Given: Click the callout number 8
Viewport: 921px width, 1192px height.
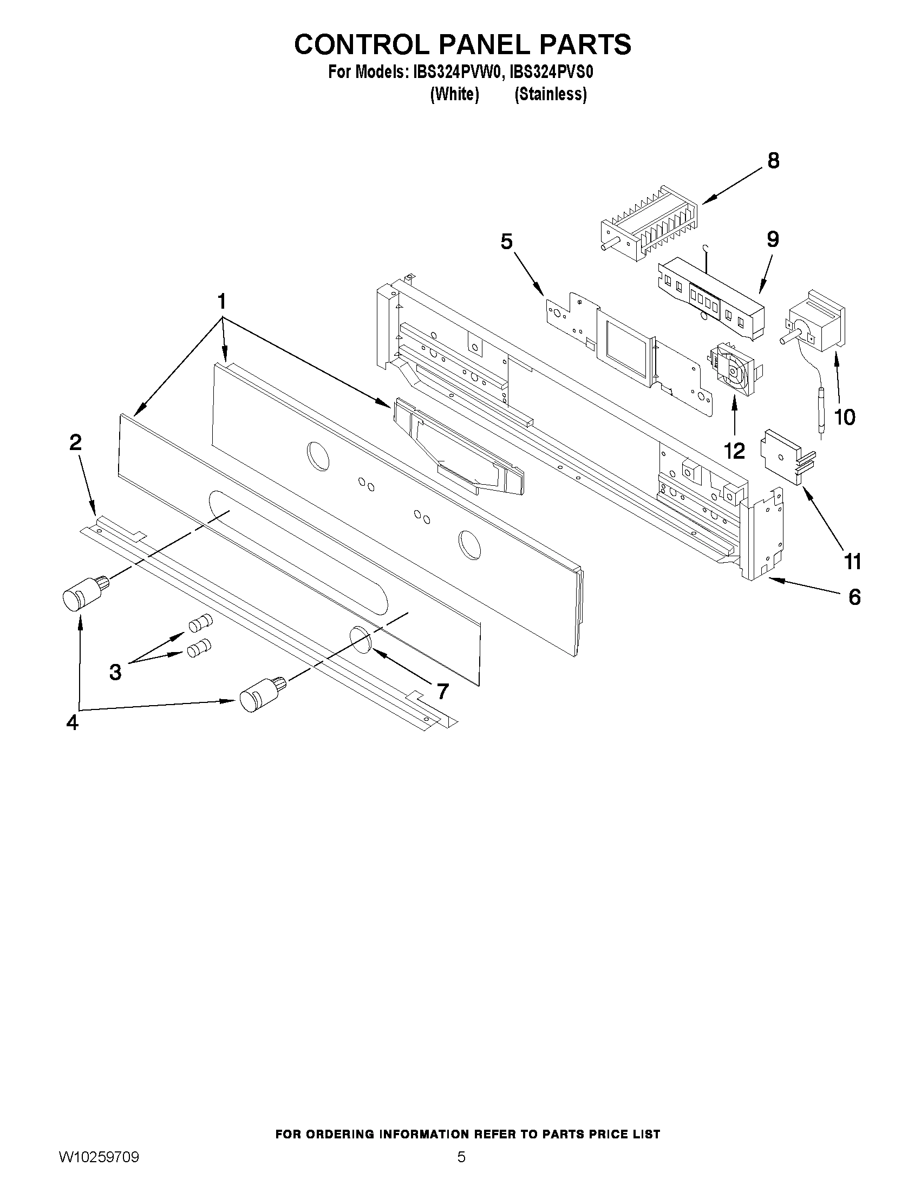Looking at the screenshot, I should [773, 161].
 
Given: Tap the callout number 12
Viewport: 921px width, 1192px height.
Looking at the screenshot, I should [734, 451].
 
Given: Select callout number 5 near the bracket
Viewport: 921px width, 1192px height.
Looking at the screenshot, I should [507, 241].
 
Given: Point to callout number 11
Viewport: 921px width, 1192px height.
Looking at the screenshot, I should [853, 561].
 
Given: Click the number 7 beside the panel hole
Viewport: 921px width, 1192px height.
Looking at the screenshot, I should [442, 692].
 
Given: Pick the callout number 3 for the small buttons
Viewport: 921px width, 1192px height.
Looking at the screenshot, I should [115, 672].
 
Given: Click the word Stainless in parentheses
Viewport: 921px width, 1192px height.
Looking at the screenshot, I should [551, 94].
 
